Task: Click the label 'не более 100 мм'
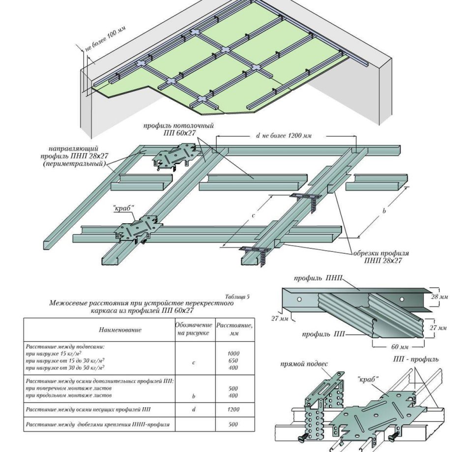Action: pos(105,40)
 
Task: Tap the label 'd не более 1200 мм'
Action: pos(284,136)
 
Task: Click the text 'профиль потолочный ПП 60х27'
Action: pos(178,129)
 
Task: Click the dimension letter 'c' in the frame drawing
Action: pos(254,215)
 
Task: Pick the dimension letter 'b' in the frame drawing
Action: pos(384,211)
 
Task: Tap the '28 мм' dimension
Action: pos(439,297)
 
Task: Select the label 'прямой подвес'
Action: pos(304,364)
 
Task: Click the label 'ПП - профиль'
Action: pos(415,359)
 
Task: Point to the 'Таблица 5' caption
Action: pos(237,297)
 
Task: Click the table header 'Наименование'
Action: pos(120,330)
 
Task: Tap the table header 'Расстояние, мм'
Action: pos(234,329)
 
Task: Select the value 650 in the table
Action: pos(233,361)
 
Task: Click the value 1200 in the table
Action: pos(233,409)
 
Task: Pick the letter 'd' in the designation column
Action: pos(194,409)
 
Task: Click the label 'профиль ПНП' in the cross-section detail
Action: pos(318,278)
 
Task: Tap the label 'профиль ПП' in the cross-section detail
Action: pos(323,334)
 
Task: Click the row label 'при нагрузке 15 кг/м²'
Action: pos(54,354)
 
